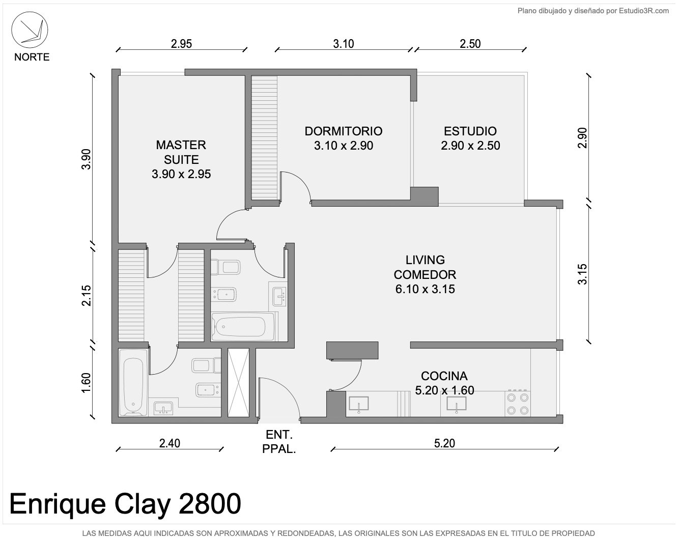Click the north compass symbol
pos(30,30)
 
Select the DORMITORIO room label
pos(344,131)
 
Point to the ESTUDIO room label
pos(470,131)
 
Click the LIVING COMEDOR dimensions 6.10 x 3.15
pos(425,289)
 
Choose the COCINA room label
pos(444,376)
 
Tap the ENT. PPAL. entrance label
pos(279,442)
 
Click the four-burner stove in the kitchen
pos(518,404)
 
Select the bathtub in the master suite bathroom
pos(133,382)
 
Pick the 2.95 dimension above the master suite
pos(182,44)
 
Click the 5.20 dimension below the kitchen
pos(444,443)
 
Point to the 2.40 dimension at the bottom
pos(169,443)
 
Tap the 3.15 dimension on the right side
pos(582,274)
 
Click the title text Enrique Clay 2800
pos(125,503)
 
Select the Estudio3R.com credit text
pos(644,11)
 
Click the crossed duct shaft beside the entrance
pos(238,382)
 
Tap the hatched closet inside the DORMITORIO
pos(264,137)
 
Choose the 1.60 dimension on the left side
pos(86,383)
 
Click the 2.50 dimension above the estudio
pos(470,44)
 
